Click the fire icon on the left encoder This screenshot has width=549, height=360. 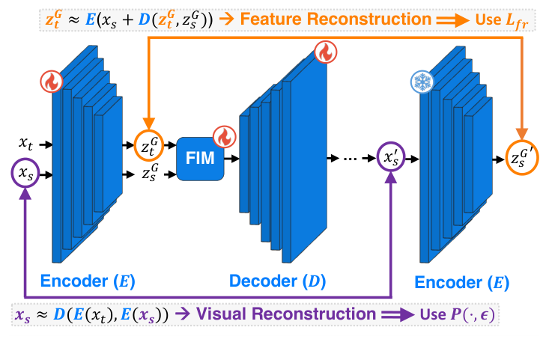coord(52,82)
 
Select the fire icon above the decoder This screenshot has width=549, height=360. coord(324,52)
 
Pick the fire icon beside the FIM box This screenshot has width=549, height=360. coord(224,137)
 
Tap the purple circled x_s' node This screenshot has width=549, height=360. coord(392,158)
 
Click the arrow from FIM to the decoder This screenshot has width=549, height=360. coord(231,158)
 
